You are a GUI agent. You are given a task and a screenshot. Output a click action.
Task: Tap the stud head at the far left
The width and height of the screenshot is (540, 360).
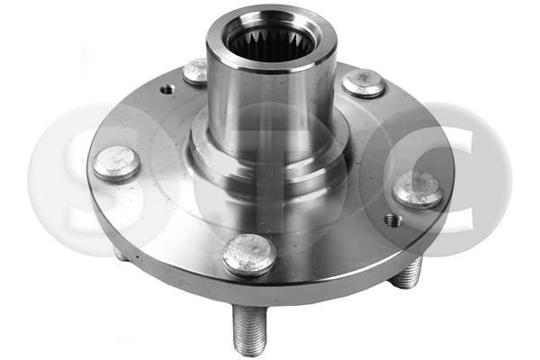[116, 164]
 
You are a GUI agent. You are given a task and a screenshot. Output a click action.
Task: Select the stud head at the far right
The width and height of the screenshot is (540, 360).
[418, 189]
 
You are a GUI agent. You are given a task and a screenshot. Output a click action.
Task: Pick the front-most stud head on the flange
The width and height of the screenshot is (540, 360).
[248, 254]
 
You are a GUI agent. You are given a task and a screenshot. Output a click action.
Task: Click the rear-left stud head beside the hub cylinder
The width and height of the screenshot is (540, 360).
[195, 71]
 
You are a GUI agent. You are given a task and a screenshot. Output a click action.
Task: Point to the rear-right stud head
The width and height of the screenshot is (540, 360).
[364, 83]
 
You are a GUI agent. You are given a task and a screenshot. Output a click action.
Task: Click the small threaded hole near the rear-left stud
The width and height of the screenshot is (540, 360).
[167, 89]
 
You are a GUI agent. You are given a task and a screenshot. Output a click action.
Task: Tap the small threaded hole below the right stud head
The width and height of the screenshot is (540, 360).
[391, 220]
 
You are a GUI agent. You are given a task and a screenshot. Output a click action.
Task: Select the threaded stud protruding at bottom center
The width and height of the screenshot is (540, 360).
[248, 328]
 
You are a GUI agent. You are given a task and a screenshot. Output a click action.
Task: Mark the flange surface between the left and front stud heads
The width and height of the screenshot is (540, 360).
[171, 216]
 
